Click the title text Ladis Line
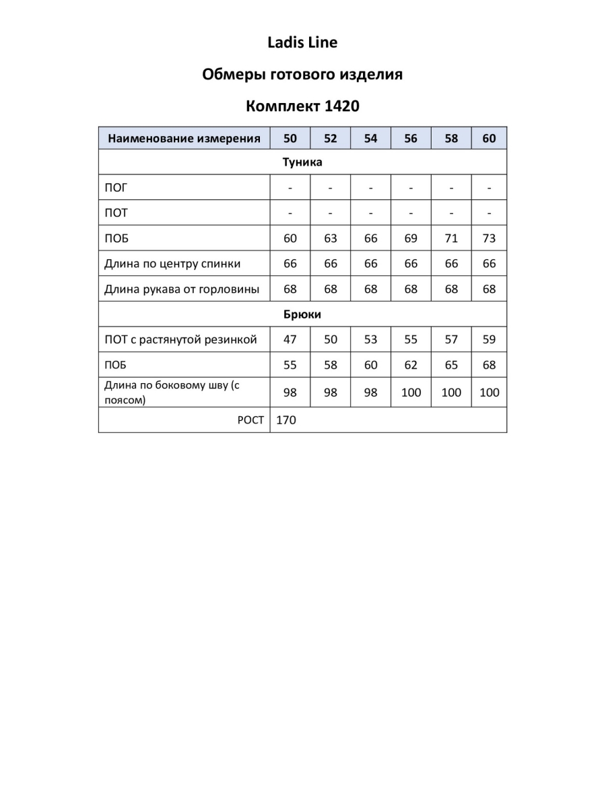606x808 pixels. (x=302, y=43)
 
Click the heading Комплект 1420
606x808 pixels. (x=302, y=106)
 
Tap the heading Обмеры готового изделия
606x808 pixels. (x=302, y=75)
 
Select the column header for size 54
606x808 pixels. (x=370, y=139)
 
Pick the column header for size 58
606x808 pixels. (x=451, y=139)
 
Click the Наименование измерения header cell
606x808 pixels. (x=184, y=139)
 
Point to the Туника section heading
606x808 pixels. (x=302, y=162)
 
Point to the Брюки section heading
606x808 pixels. (x=302, y=314)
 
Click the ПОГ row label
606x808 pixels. (x=116, y=188)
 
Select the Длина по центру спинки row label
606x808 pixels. (x=172, y=264)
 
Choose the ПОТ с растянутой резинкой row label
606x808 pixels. (x=180, y=340)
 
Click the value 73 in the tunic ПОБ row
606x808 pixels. (x=489, y=238)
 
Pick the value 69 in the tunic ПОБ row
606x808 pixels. (x=411, y=238)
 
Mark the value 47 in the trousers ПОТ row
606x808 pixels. (x=290, y=340)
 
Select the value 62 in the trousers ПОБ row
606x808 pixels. (x=411, y=366)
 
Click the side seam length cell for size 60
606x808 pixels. (x=489, y=393)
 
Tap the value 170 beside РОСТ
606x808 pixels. (x=286, y=420)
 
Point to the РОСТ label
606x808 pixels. (x=250, y=420)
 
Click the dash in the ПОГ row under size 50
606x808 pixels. (x=290, y=188)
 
